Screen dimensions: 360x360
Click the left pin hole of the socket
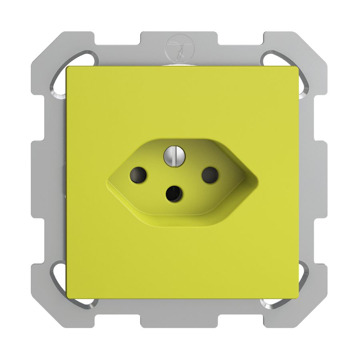pos(138,175)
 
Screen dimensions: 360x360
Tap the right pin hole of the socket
pos(210,175)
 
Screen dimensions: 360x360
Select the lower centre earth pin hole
pos(174,194)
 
